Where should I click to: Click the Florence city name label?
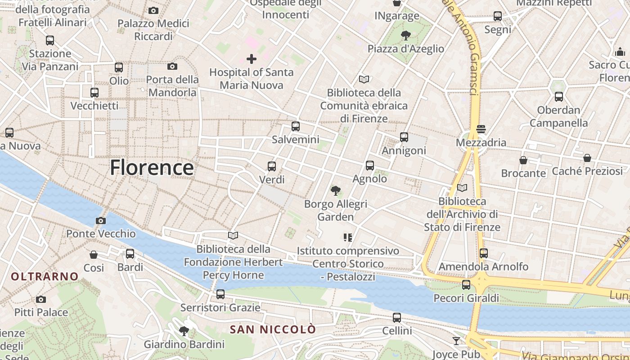coord(152,167)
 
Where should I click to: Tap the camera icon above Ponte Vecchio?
coord(101,220)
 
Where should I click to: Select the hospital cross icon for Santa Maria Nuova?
coord(252,59)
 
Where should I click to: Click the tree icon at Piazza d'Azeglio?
coord(406,36)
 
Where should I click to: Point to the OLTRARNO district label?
coord(45,276)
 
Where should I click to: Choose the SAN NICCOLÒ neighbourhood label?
coord(273,329)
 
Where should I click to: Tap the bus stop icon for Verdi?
coord(272,166)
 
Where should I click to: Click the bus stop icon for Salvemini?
coord(296,126)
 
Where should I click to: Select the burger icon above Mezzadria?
coord(481,130)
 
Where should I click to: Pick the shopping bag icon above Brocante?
coord(523,160)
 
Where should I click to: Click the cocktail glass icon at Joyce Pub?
coord(456,341)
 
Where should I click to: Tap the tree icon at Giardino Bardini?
coord(184,332)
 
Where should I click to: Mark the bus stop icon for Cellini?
coord(397,318)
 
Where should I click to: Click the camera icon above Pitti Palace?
coord(41,299)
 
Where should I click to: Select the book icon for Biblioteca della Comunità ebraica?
coord(364,80)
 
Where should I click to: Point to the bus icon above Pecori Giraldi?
coord(466,285)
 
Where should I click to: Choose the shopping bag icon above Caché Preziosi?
coord(587,158)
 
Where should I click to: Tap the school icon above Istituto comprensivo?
coord(347,237)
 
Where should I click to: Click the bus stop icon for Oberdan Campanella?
coord(559,97)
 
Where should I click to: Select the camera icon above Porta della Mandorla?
coord(172,67)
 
